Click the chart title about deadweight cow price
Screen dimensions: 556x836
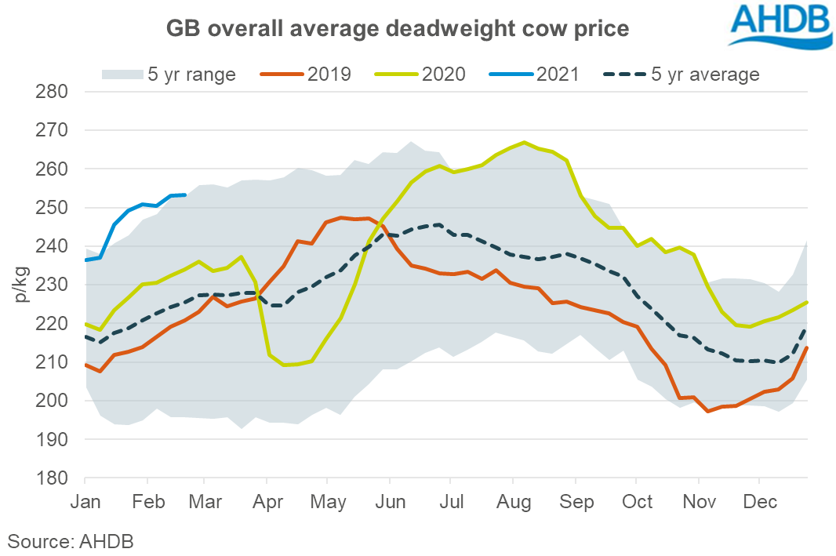pos(397,29)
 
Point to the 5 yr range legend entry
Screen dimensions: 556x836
pos(169,74)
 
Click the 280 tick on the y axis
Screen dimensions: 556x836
pos(53,92)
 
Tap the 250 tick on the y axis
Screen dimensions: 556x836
pos(53,208)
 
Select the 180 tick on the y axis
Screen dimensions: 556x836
pos(53,478)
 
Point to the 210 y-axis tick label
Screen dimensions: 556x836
pos(53,362)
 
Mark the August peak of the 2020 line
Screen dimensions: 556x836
pos(524,143)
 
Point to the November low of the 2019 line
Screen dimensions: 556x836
pos(708,411)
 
